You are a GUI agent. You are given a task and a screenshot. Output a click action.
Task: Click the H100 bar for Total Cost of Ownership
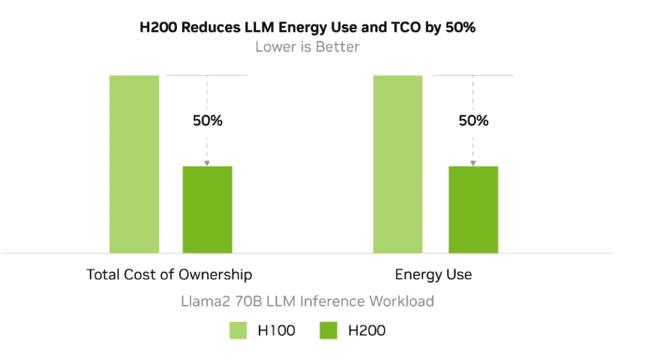pos(134,164)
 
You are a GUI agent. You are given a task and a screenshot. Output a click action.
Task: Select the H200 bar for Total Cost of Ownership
pos(207,209)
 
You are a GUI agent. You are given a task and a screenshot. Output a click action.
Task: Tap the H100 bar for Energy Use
pos(398,164)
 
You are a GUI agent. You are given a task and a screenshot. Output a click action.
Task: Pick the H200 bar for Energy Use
pos(473,209)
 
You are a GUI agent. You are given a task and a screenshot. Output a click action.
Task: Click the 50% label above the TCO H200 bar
pos(208,121)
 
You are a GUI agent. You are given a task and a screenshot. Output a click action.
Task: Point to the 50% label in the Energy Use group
pos(473,121)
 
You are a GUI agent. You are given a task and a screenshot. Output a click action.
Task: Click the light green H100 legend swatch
pos(238,330)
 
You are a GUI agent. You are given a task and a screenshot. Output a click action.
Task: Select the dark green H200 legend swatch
pos(328,330)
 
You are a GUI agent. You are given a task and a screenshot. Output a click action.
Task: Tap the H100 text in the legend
pos(276,330)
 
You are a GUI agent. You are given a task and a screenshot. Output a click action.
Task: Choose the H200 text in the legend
pos(366,330)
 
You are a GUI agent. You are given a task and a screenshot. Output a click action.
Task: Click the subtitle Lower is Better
pos(307,47)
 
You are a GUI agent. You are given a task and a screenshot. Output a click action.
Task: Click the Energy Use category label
pos(433,275)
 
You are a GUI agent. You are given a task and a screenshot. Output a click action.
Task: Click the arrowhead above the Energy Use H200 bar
pos(473,163)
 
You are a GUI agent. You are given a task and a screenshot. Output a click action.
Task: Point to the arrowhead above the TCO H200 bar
pos(207,163)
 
